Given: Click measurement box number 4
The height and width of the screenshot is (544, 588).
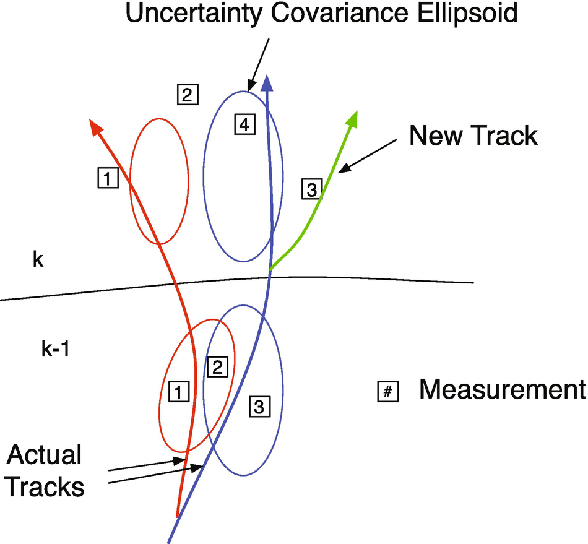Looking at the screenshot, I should tap(244, 125).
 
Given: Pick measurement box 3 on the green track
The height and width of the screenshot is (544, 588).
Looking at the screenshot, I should tap(312, 189).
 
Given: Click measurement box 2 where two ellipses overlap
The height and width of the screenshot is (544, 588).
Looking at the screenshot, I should tap(217, 367).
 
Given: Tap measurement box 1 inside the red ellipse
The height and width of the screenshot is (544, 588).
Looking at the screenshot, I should tap(178, 392).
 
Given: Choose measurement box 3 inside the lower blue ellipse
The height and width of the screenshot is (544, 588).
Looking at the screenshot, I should tap(259, 407).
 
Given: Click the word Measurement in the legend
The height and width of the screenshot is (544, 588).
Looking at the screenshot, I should tap(501, 390).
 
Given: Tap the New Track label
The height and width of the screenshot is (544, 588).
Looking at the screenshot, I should tap(473, 135).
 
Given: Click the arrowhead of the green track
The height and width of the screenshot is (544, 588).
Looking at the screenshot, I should tap(353, 117).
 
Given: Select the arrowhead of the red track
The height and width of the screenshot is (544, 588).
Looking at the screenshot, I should tap(95, 127).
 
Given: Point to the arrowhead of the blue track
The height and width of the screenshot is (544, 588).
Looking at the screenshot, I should tap(268, 83).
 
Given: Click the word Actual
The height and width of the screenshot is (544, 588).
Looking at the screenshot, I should tap(45, 455).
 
